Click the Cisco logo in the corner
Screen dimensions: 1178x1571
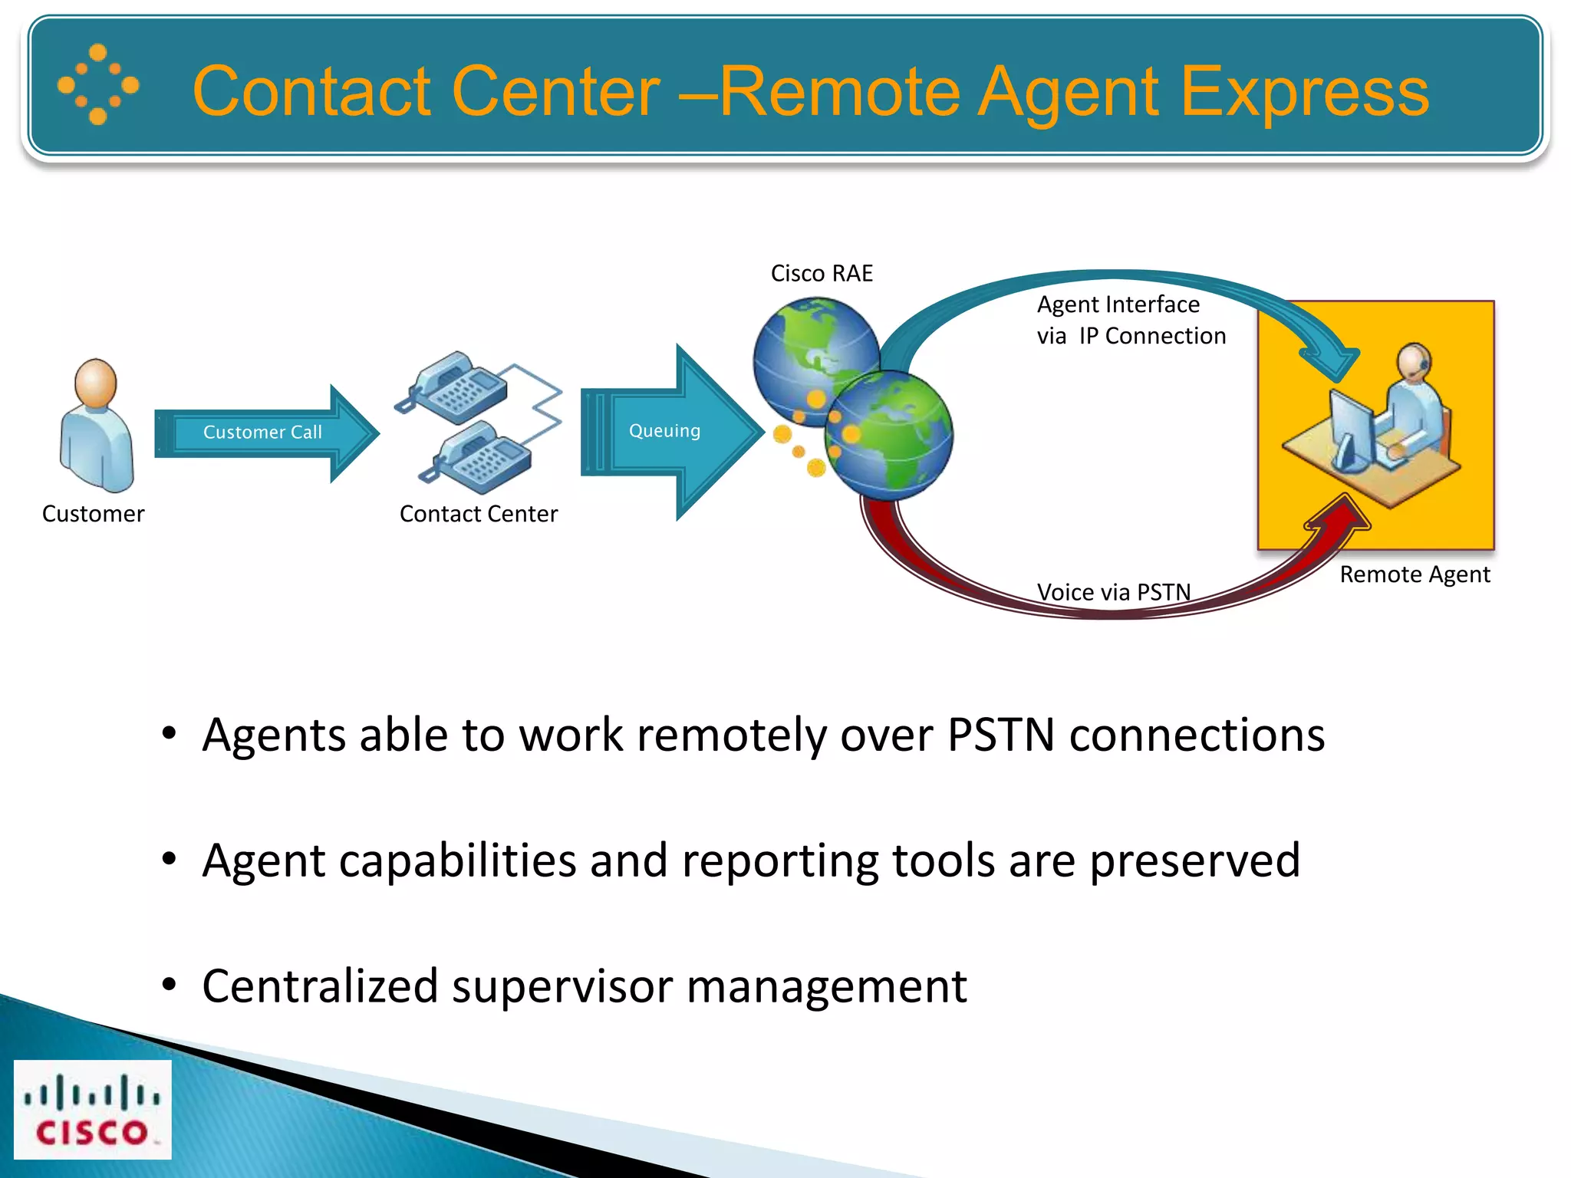pyautogui.click(x=92, y=1109)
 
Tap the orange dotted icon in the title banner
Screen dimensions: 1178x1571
pyautogui.click(x=98, y=84)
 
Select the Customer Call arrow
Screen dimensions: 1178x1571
pyautogui.click(x=263, y=433)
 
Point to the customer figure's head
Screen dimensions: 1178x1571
pyautogui.click(x=96, y=383)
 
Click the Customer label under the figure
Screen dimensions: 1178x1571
pyautogui.click(x=93, y=514)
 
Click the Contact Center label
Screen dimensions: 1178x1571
pyautogui.click(x=479, y=514)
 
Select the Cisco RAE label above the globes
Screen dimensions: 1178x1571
pyautogui.click(x=822, y=274)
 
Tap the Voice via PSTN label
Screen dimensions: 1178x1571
pyautogui.click(x=1114, y=592)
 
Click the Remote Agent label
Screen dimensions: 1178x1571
pyautogui.click(x=1415, y=574)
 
